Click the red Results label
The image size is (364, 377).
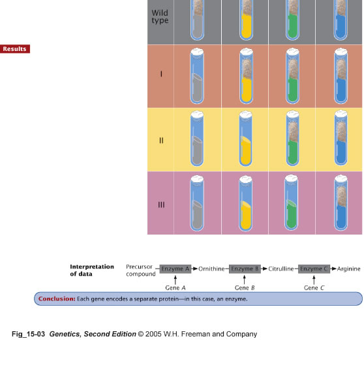15,49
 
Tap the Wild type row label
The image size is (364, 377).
160,16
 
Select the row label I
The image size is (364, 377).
161,74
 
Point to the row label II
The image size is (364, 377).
161,140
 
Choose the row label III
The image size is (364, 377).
161,205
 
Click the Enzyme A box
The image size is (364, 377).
175,269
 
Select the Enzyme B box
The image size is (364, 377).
245,269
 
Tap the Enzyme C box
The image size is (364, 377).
314,269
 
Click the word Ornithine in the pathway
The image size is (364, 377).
211,269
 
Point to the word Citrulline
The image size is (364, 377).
281,269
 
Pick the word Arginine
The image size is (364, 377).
348,269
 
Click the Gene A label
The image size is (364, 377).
175,287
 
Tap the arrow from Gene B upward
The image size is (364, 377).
245,280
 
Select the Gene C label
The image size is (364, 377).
314,287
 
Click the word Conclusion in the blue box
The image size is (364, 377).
57,299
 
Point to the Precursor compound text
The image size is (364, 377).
141,270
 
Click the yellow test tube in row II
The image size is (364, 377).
246,139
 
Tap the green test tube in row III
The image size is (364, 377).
291,203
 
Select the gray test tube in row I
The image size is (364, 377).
197,76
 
